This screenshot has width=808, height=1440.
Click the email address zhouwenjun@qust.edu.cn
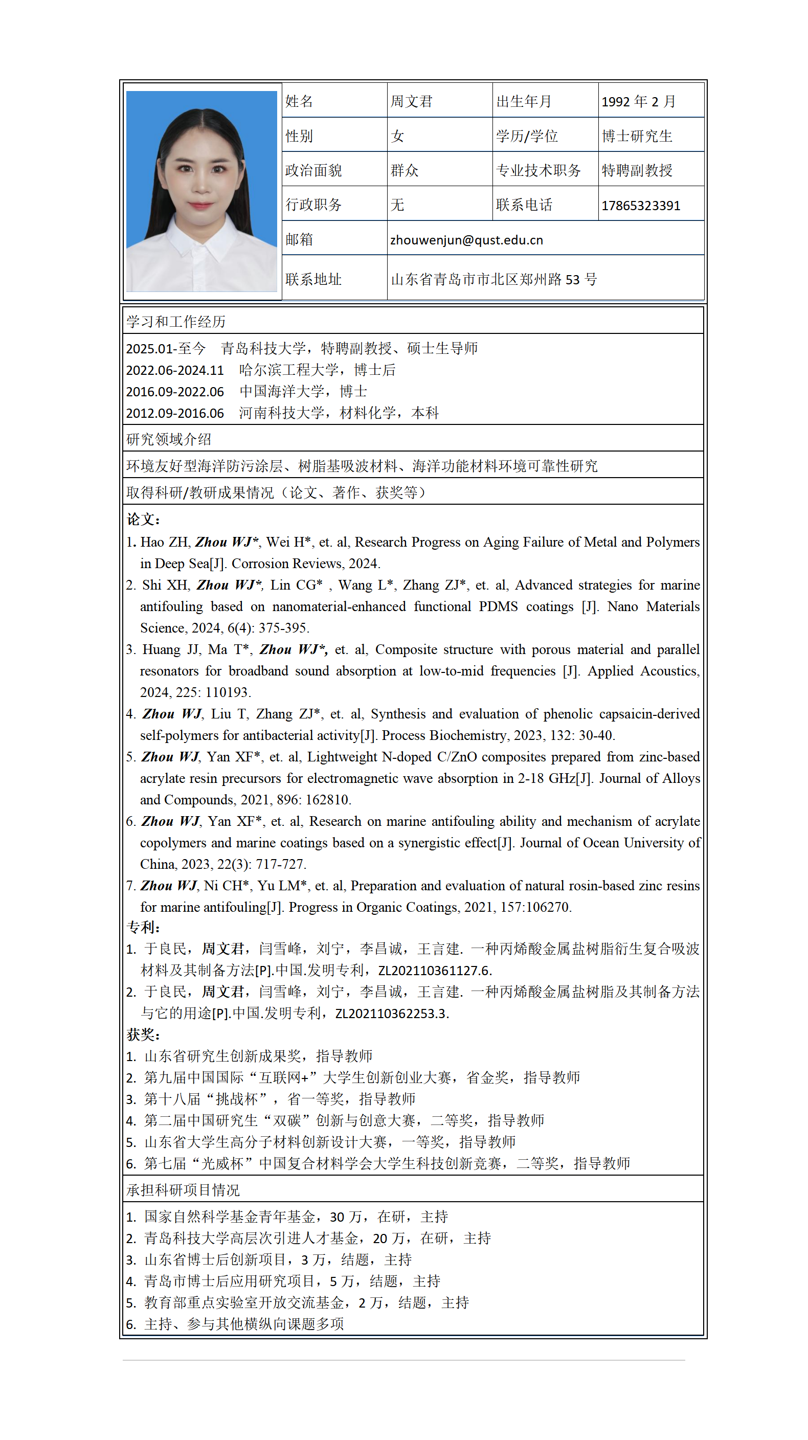tap(466, 240)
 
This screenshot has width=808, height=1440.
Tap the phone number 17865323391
tap(640, 206)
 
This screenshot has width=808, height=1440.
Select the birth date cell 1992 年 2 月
tap(638, 102)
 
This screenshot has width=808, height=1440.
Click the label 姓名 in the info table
tap(299, 102)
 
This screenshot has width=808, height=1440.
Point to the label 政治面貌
tap(313, 170)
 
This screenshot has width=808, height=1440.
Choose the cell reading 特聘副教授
tap(636, 170)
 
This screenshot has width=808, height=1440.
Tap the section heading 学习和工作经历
tap(175, 322)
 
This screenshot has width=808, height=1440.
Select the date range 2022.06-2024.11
tap(174, 370)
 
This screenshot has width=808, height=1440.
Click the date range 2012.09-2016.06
tap(174, 413)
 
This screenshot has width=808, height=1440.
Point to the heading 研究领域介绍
tap(168, 439)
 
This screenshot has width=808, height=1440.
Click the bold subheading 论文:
tap(143, 520)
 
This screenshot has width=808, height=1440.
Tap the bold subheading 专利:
tap(143, 928)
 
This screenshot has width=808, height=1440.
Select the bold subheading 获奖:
tap(143, 1034)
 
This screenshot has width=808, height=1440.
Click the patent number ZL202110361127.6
tap(435, 971)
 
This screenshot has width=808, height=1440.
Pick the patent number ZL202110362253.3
tap(391, 1014)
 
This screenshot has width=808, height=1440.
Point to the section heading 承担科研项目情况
tap(183, 1190)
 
